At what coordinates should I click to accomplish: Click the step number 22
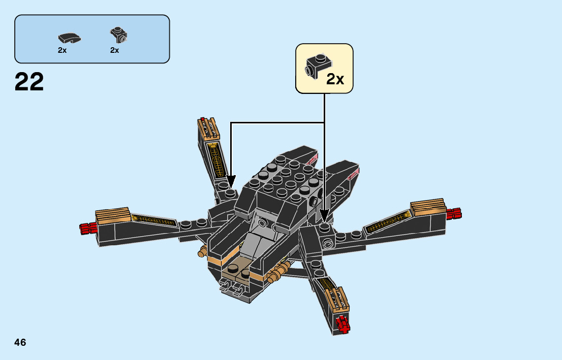29,82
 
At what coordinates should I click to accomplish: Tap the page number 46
20,342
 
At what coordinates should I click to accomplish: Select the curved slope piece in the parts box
70,38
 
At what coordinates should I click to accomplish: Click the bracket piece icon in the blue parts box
118,35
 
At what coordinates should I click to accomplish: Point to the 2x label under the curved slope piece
62,50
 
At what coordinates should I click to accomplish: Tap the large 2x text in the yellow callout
335,79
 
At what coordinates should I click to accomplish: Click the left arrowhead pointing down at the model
231,182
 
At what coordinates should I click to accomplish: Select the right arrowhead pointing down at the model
324,216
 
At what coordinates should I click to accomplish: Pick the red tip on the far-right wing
454,214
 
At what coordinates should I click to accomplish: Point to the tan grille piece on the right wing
428,207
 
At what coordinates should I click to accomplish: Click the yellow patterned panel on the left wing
152,220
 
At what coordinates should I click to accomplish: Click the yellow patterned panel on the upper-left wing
217,159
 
